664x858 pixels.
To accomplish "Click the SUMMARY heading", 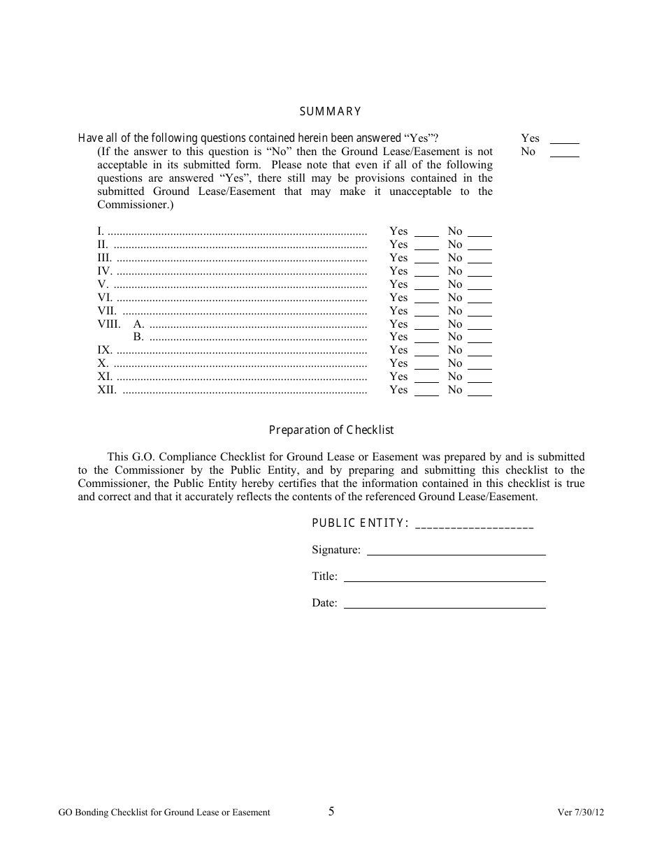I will tap(331, 111).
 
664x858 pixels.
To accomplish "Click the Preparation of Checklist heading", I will tap(331, 430).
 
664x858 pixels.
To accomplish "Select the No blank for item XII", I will tap(479, 391).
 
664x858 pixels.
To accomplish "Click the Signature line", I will tap(456, 551).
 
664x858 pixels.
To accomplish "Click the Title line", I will tap(445, 577).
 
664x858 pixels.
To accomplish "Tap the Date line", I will tap(445, 604).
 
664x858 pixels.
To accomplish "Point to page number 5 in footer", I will tap(331, 811).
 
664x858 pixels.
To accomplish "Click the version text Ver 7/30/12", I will tap(580, 813).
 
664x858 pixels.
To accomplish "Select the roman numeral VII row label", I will tap(106, 310).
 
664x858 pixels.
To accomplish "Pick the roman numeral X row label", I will tap(103, 363).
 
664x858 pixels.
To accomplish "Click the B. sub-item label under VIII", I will tap(138, 337).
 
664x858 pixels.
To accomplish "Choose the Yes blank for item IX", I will tap(426, 351).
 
